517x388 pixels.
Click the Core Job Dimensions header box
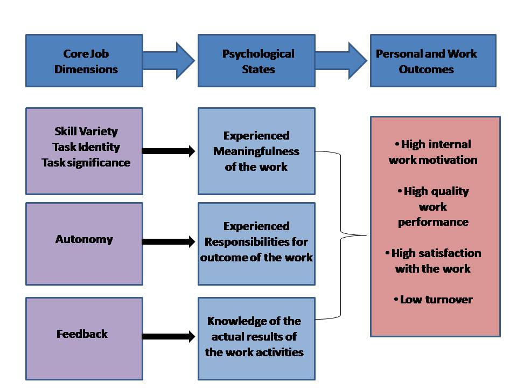pos(84,61)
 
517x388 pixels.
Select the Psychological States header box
pos(256,61)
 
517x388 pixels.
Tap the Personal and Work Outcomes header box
pos(432,61)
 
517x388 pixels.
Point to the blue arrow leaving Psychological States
pos(341,61)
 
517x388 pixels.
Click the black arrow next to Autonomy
pos(169,242)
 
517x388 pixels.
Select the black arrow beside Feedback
pos(169,337)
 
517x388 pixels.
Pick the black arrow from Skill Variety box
pos(169,151)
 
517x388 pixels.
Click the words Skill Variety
pos(86,131)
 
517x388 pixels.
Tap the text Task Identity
pos(86,147)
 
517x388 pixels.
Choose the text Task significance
pos(86,162)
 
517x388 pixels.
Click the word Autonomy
pos(84,239)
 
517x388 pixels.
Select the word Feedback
pos(82,334)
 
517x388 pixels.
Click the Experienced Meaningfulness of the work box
pos(256,151)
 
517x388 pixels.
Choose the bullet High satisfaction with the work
pos(434,261)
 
